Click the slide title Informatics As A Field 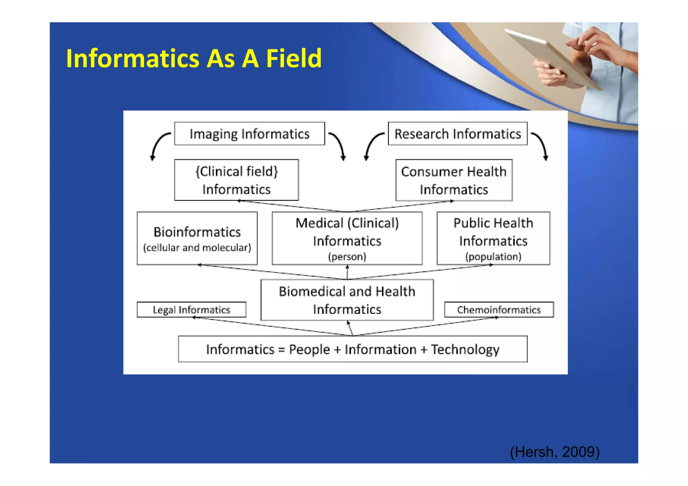tap(194, 58)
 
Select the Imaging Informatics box tap(249, 134)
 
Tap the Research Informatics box tap(458, 134)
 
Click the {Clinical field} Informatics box tap(236, 180)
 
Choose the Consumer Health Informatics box tap(454, 180)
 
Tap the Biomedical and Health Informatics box tap(347, 300)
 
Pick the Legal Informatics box tap(191, 309)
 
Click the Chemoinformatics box tap(499, 309)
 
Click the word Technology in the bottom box tap(465, 349)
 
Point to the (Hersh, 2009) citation tap(555, 452)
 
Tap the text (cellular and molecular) tap(197, 248)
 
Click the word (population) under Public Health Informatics tap(493, 257)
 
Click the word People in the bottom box tap(309, 349)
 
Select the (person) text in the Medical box tap(347, 257)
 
